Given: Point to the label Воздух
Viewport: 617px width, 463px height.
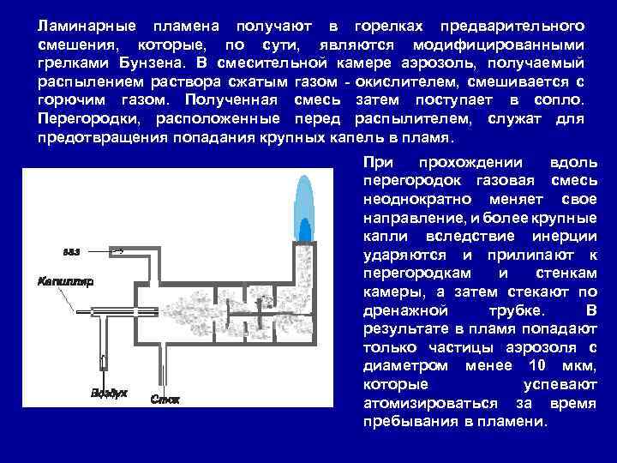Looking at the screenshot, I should pos(109,393).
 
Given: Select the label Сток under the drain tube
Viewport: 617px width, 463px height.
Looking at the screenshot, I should pos(165,399).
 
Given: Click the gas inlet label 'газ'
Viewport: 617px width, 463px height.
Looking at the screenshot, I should pos(71,252).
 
